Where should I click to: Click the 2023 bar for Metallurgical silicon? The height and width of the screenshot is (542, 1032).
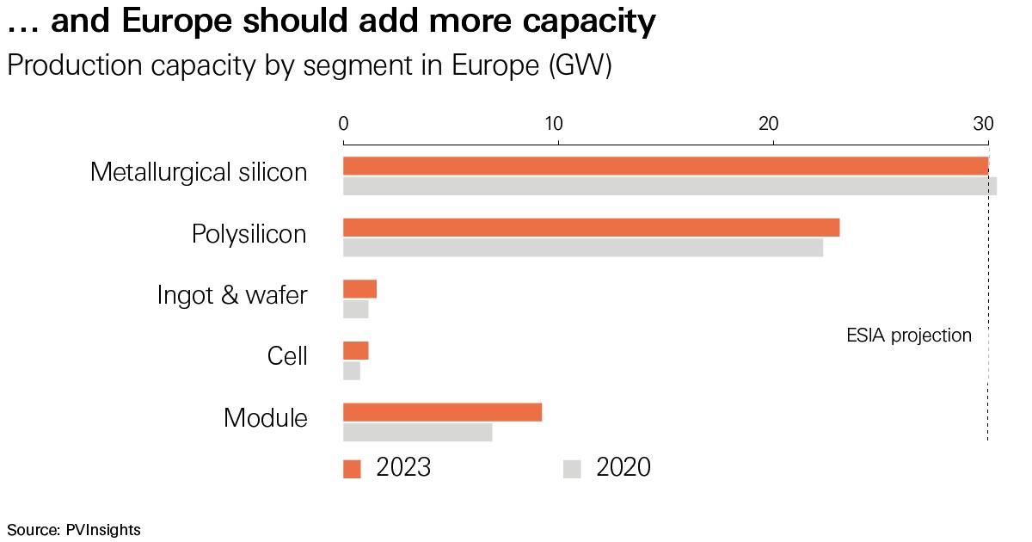coord(666,166)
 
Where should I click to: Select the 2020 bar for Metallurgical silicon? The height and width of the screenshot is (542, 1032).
coord(669,186)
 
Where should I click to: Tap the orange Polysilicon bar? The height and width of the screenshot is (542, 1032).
coord(591,228)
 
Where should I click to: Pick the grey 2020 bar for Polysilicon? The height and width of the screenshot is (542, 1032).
coord(582,248)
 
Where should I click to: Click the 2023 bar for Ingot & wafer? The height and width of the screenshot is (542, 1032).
coord(359,289)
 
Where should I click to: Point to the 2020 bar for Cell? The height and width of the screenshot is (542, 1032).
coord(351,371)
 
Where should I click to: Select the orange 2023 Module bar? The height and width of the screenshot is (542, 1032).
coord(442,412)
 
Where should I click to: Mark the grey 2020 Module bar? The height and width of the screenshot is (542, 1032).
coord(417,432)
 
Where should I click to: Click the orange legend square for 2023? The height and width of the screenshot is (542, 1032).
coord(352,469)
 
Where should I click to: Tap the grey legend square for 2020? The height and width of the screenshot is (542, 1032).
coord(572,469)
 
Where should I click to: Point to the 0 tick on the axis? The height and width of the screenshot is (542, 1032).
coord(343,123)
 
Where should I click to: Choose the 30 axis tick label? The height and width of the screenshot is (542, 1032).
coord(983,123)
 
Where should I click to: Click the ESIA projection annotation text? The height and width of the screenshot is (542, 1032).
coord(909,336)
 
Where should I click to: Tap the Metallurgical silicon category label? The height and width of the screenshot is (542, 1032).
coord(199,172)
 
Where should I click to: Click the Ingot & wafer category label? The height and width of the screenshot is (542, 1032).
coord(232,295)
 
